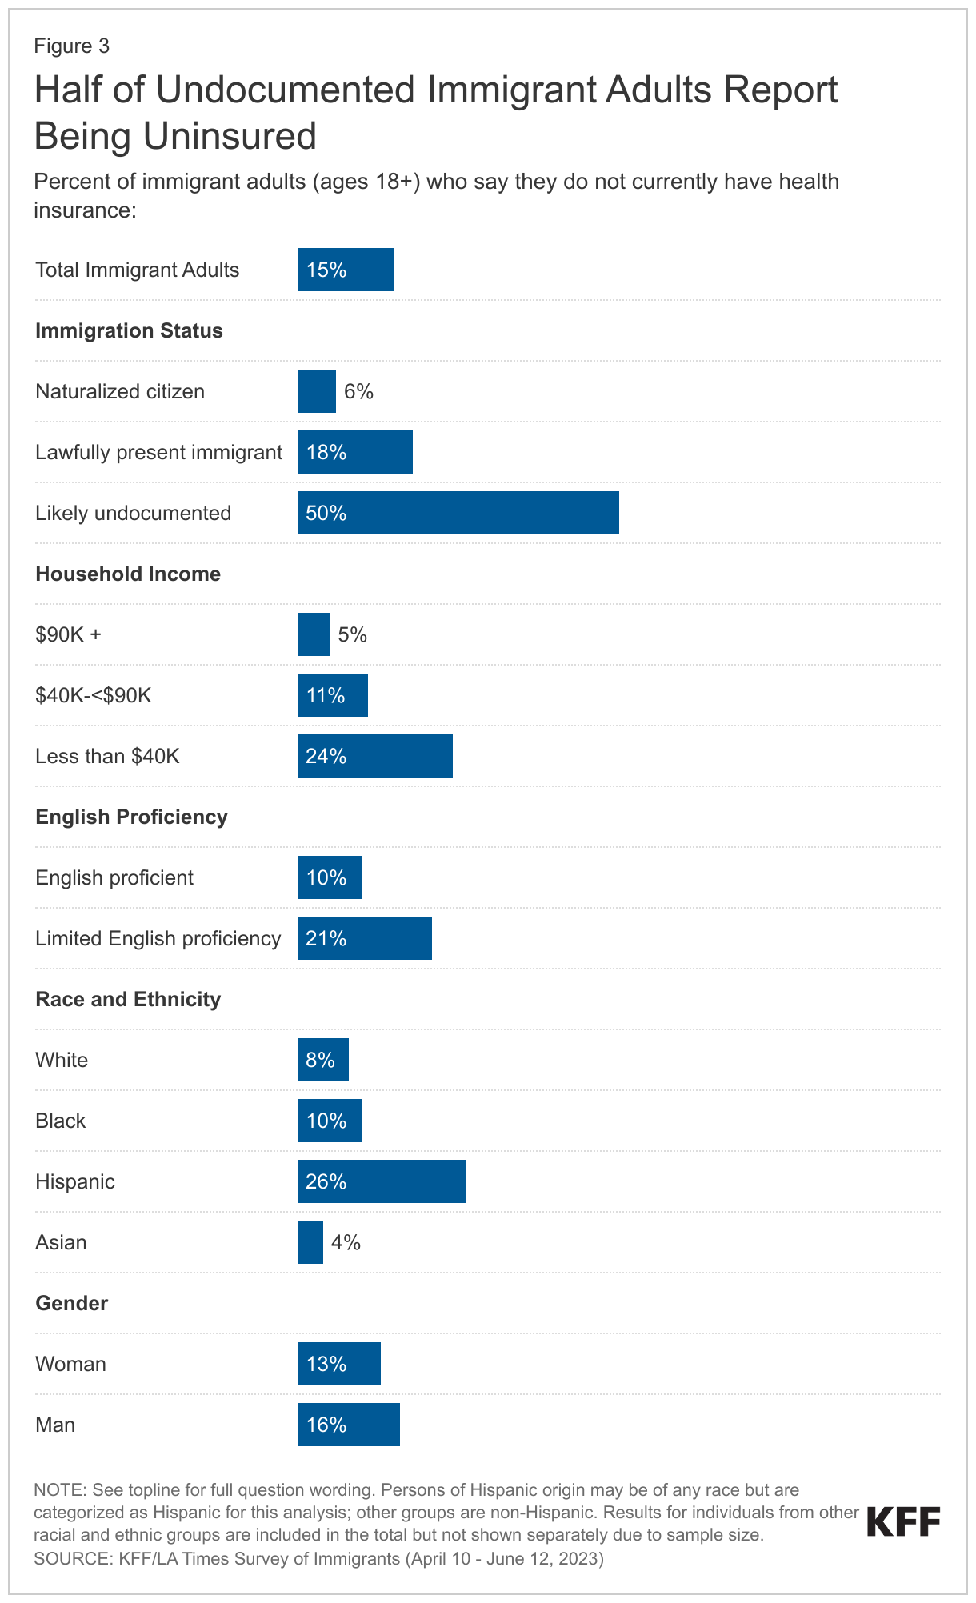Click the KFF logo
click(x=903, y=1521)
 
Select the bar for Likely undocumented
click(x=458, y=513)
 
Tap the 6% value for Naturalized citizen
click(x=358, y=391)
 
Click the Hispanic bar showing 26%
click(x=381, y=1181)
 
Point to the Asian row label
click(x=61, y=1242)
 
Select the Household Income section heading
click(x=128, y=574)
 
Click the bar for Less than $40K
click(x=374, y=756)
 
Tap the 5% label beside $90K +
click(x=352, y=634)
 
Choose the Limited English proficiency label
click(x=158, y=938)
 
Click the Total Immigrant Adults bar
click(x=345, y=270)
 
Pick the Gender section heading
click(x=71, y=1303)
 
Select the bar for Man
click(x=348, y=1425)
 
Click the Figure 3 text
click(x=71, y=46)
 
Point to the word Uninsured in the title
click(x=230, y=136)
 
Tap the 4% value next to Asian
click(x=346, y=1242)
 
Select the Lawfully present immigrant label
click(x=158, y=452)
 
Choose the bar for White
click(x=322, y=1060)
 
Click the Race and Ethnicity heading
click(x=128, y=999)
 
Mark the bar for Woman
click(x=338, y=1364)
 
